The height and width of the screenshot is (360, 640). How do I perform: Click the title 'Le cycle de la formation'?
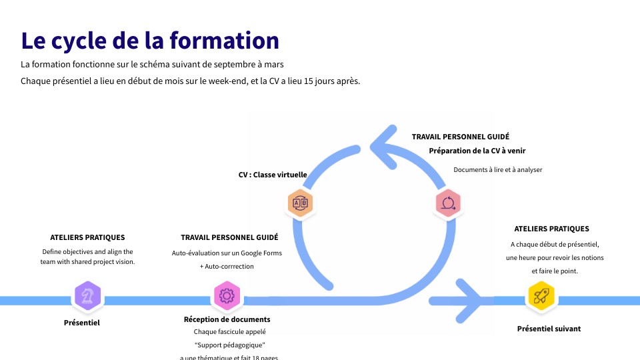[x=150, y=40]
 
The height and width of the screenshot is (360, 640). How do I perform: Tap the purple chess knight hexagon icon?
[x=87, y=295]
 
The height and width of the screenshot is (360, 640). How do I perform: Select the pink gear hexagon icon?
[x=227, y=295]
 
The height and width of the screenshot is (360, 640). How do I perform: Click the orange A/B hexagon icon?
[x=300, y=203]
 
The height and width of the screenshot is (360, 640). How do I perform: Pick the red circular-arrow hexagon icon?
[x=449, y=203]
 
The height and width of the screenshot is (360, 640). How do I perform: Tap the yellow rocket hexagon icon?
[x=541, y=296]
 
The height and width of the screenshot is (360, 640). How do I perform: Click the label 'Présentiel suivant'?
[x=549, y=329]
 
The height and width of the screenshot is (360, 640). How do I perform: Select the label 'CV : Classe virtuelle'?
[x=273, y=175]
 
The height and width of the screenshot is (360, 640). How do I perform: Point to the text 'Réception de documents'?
[x=227, y=319]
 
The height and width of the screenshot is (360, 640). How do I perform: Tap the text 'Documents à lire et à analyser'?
[x=497, y=170]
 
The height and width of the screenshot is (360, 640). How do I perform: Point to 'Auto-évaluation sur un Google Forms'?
[x=227, y=253]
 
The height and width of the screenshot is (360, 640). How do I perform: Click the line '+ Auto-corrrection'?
[x=227, y=267]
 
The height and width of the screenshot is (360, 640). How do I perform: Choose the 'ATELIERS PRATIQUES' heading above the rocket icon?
[x=551, y=229]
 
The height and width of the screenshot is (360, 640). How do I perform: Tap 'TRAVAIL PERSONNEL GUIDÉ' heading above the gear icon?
[x=229, y=237]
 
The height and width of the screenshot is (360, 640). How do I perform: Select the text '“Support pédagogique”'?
[x=229, y=345]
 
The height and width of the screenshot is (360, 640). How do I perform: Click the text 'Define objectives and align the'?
[x=87, y=252]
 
